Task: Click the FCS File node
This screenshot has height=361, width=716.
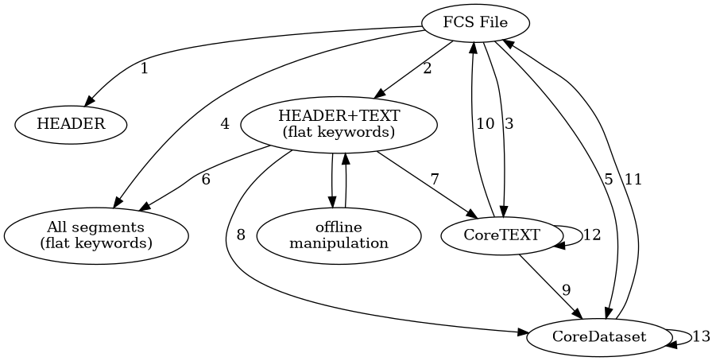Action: point(475,21)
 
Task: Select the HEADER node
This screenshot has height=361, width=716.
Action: point(71,124)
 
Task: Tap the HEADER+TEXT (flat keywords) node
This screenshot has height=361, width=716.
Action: point(339,124)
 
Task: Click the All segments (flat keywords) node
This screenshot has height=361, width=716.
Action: point(96,235)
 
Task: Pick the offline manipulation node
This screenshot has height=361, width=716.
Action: point(339,235)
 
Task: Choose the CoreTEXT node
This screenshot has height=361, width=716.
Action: point(501,235)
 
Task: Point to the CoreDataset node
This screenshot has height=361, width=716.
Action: point(598,337)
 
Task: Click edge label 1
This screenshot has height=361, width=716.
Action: point(144,68)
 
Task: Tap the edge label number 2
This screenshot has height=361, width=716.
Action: point(428,68)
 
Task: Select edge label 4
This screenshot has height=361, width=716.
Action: point(225,124)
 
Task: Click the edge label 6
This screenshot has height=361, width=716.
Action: point(206,180)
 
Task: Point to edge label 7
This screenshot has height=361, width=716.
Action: point(434,180)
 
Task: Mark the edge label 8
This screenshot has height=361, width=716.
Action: point(241,235)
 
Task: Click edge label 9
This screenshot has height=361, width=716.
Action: point(566,289)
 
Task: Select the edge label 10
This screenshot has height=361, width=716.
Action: point(485,124)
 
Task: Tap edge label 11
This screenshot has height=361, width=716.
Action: point(633,180)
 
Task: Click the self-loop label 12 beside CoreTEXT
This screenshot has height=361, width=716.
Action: point(593,235)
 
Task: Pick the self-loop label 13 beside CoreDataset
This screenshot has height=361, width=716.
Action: point(701,337)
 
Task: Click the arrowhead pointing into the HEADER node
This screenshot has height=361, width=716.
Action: point(90,101)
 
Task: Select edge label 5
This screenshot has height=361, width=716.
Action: point(609,180)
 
